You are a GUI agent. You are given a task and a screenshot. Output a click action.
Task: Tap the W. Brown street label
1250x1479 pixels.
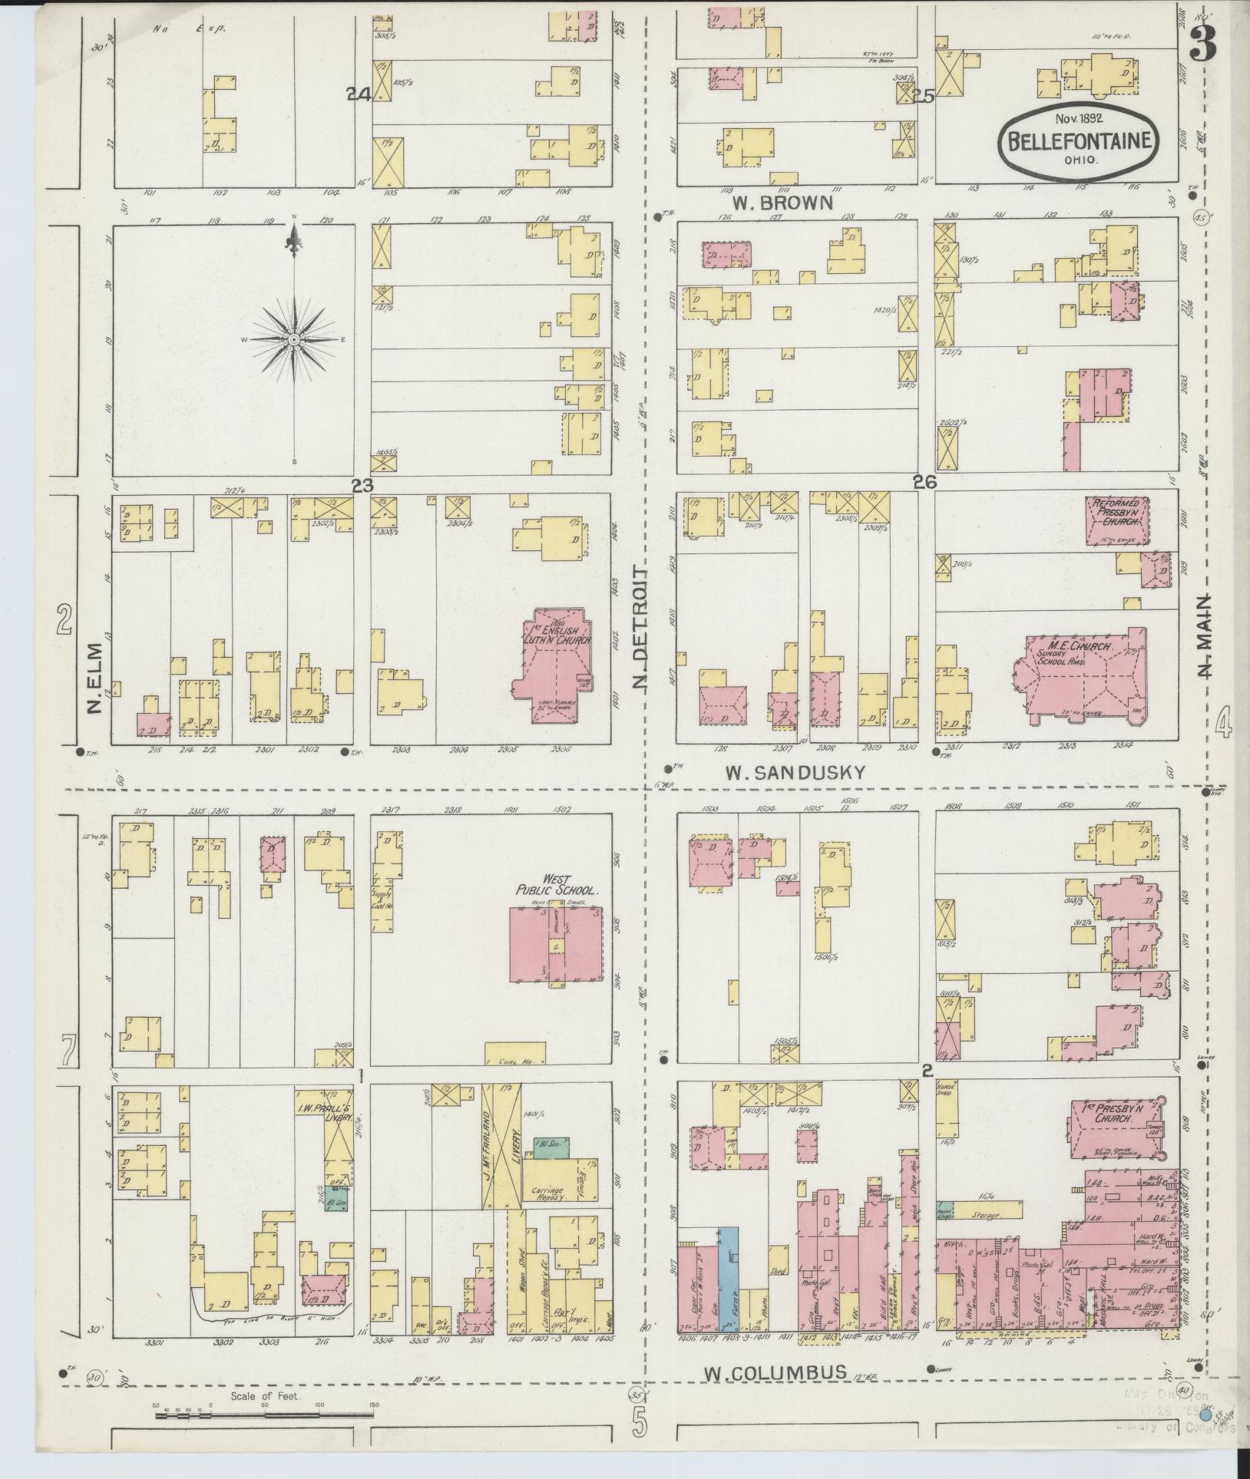[782, 203]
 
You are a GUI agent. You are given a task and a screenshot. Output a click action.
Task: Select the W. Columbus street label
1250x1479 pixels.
[775, 1371]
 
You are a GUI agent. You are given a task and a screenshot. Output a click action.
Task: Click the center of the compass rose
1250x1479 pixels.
[294, 338]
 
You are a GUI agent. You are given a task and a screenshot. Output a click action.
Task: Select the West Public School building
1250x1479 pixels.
[556, 944]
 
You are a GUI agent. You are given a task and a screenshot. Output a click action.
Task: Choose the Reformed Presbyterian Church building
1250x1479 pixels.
[1117, 521]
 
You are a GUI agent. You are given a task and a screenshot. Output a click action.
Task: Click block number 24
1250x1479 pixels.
[358, 94]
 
